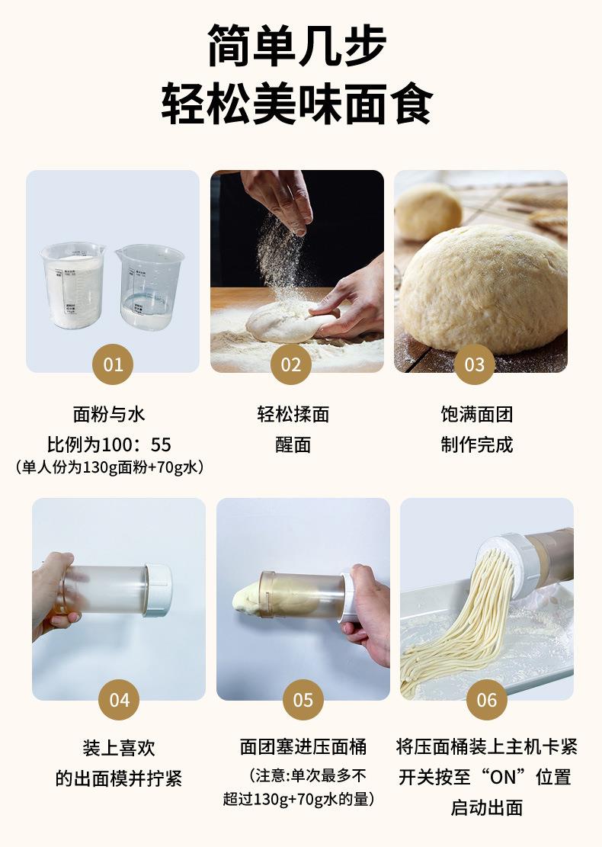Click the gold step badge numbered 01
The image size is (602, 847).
tap(113, 364)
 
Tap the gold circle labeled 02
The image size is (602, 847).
tap(291, 364)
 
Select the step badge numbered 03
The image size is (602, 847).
tap(475, 364)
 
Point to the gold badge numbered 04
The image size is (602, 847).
tap(119, 700)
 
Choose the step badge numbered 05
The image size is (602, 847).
tap(303, 700)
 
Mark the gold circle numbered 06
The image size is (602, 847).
tap(486, 700)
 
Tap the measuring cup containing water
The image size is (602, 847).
tap(149, 287)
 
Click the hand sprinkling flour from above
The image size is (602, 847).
tap(279, 199)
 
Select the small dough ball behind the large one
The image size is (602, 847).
tap(428, 211)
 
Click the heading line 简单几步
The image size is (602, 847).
tap(297, 46)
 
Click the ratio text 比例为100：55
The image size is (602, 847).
tap(109, 444)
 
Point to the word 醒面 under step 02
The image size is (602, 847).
tap(293, 444)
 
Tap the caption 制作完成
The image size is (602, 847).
tap(477, 444)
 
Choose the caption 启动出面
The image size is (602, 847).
tap(487, 807)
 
